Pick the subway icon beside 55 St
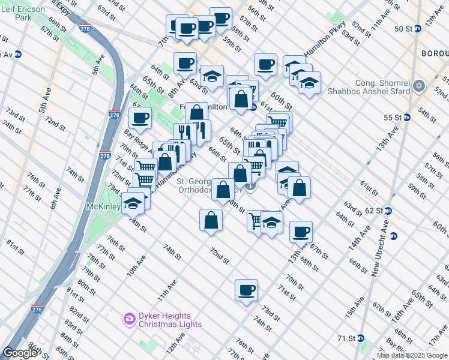[406, 117]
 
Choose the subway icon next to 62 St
[388, 211]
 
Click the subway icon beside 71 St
[360, 338]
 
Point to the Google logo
[20, 353]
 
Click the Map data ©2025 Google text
[411, 355]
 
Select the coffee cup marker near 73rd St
[246, 291]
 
